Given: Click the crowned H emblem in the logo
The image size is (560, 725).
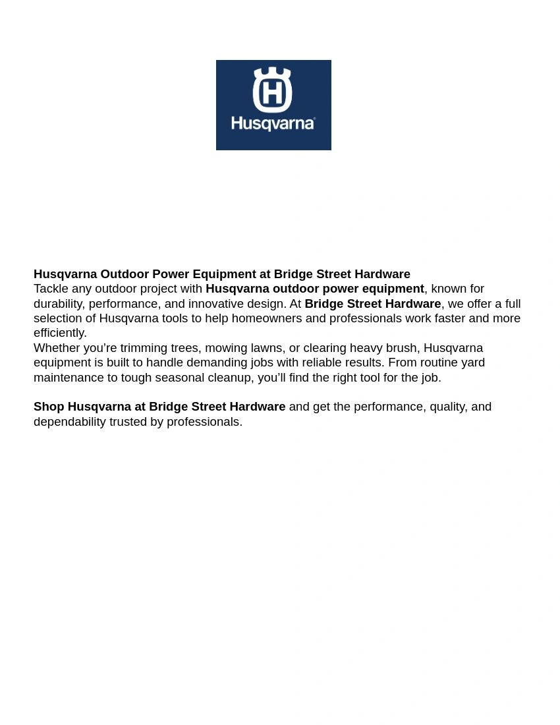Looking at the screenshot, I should click(x=272, y=90).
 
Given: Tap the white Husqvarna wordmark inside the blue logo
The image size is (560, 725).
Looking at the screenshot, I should click(x=271, y=123).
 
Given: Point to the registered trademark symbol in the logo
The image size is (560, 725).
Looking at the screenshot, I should click(x=314, y=119).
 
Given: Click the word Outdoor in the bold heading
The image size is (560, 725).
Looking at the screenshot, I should click(x=125, y=274).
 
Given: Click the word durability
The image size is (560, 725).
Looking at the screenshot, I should click(x=59, y=304).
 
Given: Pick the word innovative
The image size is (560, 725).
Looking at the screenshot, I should click(x=215, y=304).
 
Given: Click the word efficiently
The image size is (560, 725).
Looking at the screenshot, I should click(x=60, y=333).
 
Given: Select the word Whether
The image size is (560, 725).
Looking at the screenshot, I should click(x=57, y=348).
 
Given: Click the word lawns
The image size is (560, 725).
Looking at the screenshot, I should click(x=266, y=348).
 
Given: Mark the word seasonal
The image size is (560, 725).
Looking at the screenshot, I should click(x=179, y=378).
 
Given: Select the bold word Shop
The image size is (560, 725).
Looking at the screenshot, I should click(x=49, y=407).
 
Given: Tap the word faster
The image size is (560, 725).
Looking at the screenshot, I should click(x=450, y=318).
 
